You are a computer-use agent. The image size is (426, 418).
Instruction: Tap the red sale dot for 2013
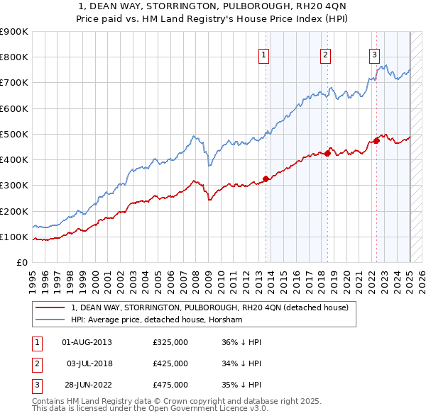pos(266,179)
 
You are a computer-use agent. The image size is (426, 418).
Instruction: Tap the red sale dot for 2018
pos(328,153)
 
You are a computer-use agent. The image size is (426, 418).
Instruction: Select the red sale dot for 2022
pos(377,140)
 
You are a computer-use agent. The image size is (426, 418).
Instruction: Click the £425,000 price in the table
pos(170,364)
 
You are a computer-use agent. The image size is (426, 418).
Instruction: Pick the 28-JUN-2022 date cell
pos(87,385)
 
